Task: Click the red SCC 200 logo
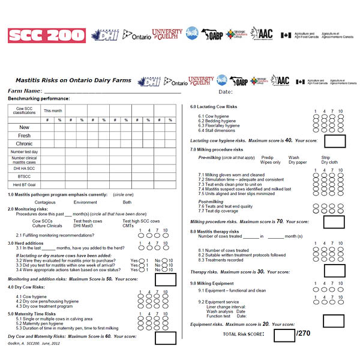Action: pyautogui.click(x=47, y=35)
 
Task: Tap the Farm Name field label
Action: pyautogui.click(x=25, y=91)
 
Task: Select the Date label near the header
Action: pyautogui.click(x=225, y=92)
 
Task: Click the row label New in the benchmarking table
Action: pyautogui.click(x=25, y=127)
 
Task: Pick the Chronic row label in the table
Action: pyautogui.click(x=25, y=144)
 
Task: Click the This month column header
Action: pyautogui.click(x=53, y=111)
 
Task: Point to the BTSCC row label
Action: pyautogui.click(x=25, y=176)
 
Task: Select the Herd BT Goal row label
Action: pyautogui.click(x=25, y=185)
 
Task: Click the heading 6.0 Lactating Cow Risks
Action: pyautogui.click(x=214, y=107)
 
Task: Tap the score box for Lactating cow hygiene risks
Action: pyautogui.click(x=335, y=141)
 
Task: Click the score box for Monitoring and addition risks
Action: pyautogui.click(x=165, y=279)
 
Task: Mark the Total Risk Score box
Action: pyautogui.click(x=284, y=335)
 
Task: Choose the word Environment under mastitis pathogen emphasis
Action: pyautogui.click(x=85, y=202)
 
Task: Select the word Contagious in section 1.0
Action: pyautogui.click(x=45, y=202)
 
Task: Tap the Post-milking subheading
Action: pyautogui.click(x=211, y=202)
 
